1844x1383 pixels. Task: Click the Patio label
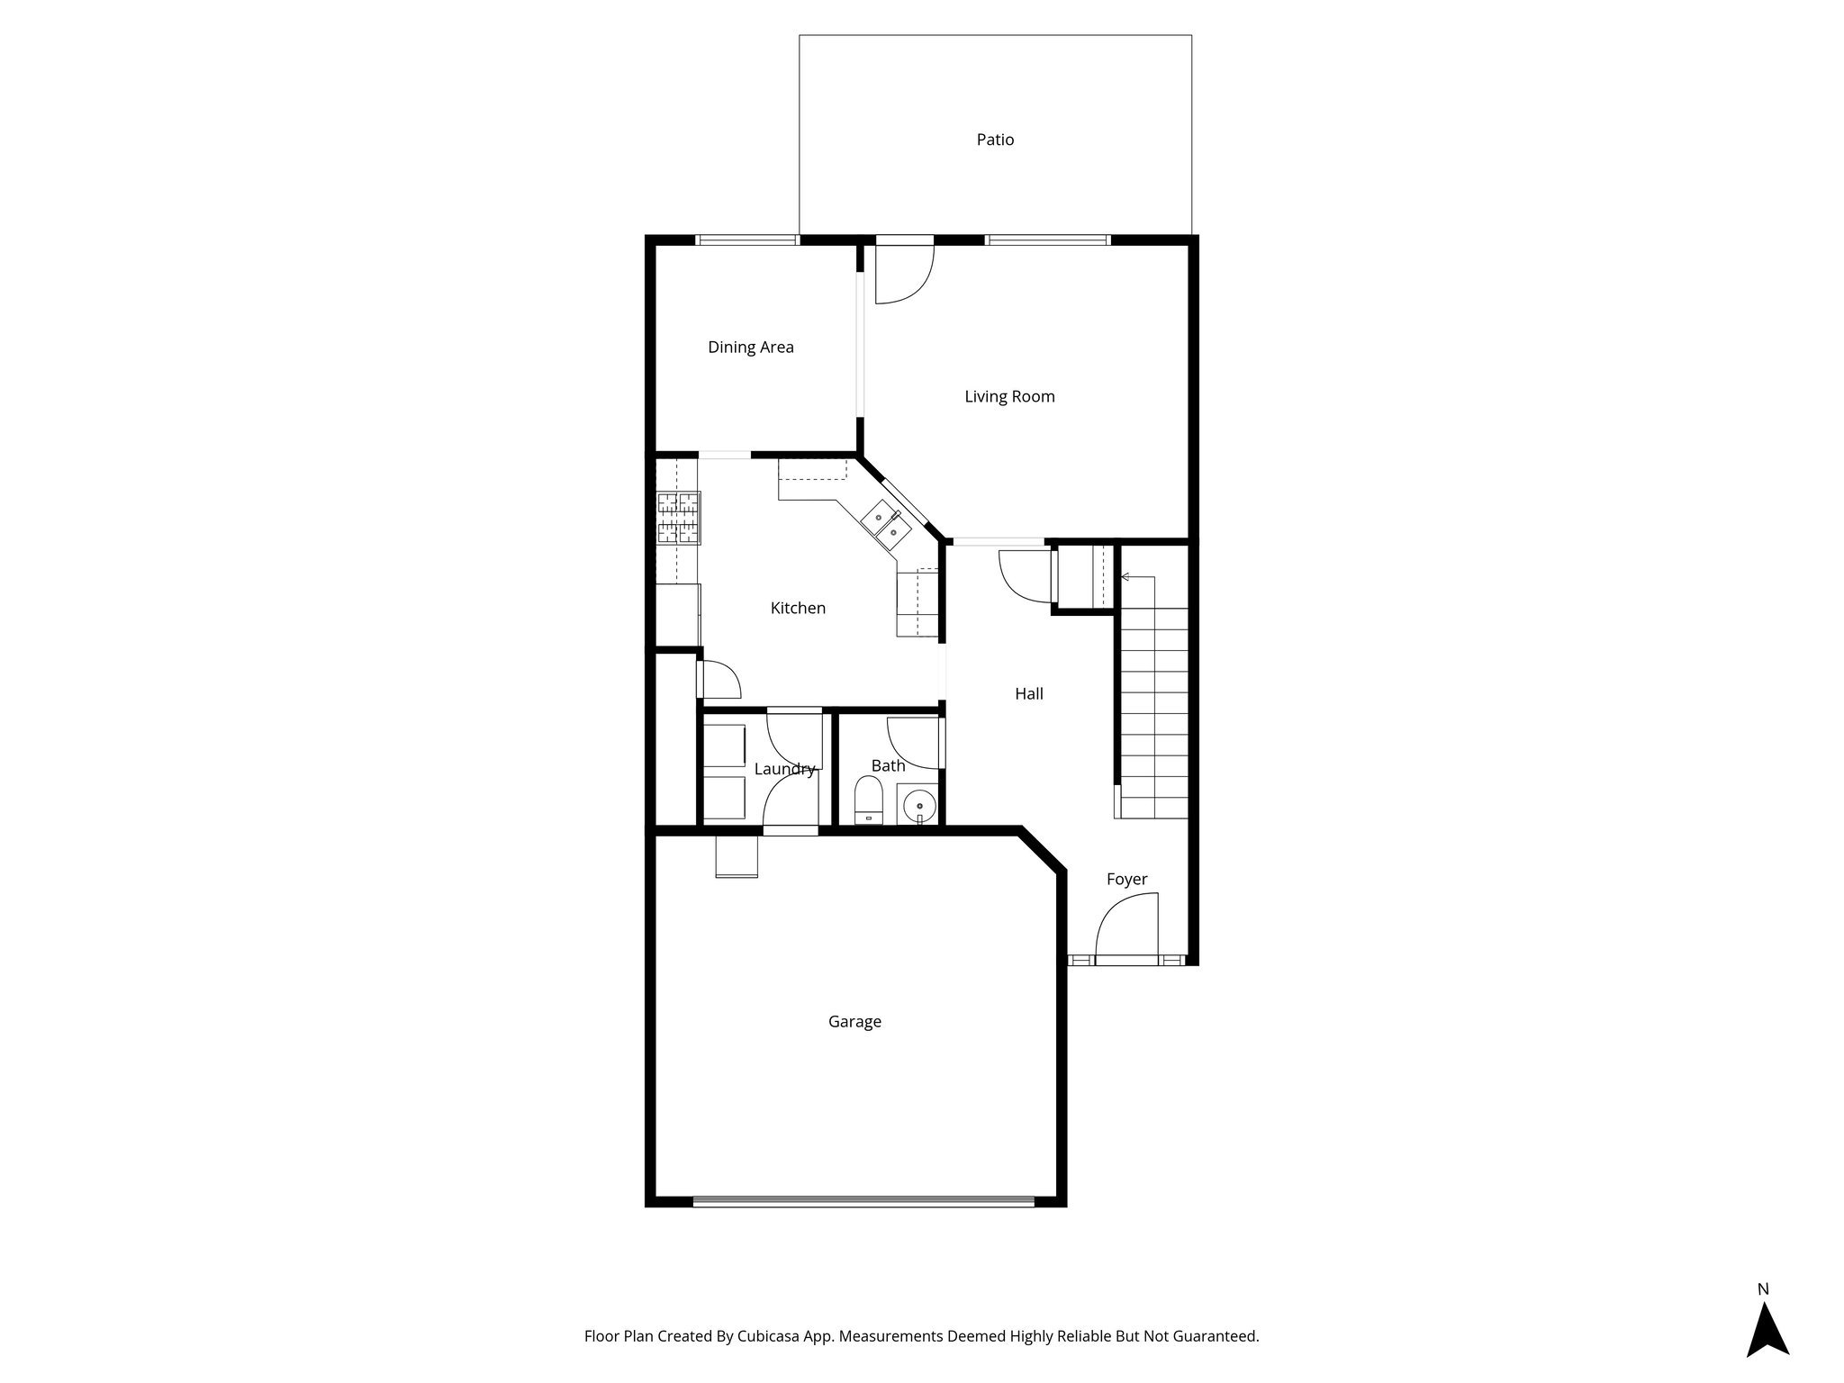[x=995, y=140]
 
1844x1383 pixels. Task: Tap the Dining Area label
[x=750, y=348]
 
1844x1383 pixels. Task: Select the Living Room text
[x=1009, y=396]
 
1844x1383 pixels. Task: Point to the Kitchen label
[x=798, y=608]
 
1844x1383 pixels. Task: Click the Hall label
[x=1028, y=693]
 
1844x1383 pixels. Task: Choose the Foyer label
[x=1126, y=879]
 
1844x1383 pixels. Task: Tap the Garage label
[x=854, y=1021]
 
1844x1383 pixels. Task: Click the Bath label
[x=888, y=765]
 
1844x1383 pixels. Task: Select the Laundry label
[x=784, y=769]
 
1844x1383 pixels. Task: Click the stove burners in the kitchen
[x=679, y=518]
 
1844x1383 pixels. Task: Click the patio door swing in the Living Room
[x=905, y=273]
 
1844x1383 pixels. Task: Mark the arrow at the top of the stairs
[x=1126, y=576]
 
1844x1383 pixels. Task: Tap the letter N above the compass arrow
[x=1763, y=1289]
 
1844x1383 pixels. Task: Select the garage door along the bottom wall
[x=863, y=1200]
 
